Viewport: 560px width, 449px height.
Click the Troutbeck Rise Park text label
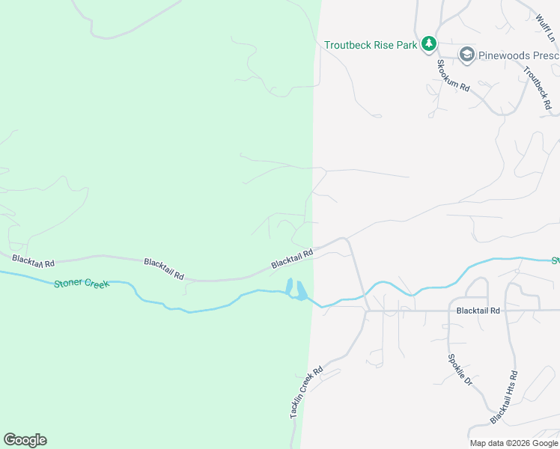click(x=371, y=45)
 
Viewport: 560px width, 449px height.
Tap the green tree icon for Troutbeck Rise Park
click(x=428, y=44)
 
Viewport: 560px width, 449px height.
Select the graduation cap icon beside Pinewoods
click(x=467, y=54)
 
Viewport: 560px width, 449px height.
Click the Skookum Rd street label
click(x=453, y=75)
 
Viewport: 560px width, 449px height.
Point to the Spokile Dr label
click(x=460, y=370)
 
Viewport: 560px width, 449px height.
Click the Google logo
click(x=25, y=440)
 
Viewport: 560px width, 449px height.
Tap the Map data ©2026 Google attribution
click(x=514, y=443)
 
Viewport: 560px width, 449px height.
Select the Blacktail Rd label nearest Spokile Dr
click(x=477, y=309)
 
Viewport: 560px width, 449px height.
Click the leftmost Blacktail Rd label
click(x=34, y=263)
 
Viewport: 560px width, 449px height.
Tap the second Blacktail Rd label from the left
click(x=164, y=269)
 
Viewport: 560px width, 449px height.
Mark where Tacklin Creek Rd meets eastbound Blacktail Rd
click(x=366, y=310)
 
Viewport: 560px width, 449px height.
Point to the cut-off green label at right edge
click(x=556, y=260)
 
